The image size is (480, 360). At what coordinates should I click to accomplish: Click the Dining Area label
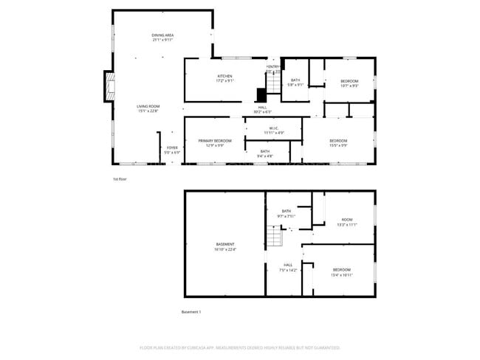point(162,38)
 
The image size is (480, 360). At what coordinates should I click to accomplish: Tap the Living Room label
point(148,108)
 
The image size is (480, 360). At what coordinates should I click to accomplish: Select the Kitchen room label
point(225,78)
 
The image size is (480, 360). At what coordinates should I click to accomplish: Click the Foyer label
point(171,150)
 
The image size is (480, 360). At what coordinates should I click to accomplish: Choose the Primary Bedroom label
point(215,142)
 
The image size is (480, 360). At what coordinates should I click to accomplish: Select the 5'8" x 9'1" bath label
point(295,83)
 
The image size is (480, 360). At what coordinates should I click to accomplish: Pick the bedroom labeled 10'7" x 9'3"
point(349,83)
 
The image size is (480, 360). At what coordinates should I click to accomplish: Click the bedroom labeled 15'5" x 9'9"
point(338,143)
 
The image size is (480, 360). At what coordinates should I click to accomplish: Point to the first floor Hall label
point(262,109)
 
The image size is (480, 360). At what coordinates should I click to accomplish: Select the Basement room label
point(224,246)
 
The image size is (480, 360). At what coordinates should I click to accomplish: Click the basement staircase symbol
point(275,237)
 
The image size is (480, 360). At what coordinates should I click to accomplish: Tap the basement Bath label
point(286,213)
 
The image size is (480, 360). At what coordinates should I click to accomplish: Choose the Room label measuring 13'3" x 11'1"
point(346,221)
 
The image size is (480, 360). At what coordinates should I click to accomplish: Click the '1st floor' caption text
point(120,179)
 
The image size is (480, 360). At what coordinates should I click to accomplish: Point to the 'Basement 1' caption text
point(191,312)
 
